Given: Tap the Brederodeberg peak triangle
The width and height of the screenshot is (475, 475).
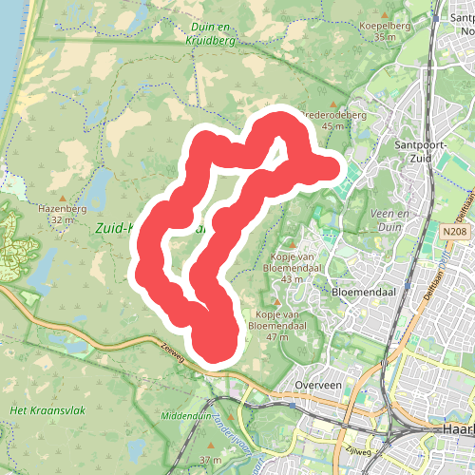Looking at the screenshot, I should pyautogui.click(x=333, y=104).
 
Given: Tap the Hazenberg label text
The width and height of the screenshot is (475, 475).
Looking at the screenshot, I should pyautogui.click(x=63, y=208).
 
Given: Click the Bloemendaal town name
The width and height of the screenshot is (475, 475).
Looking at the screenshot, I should pyautogui.click(x=363, y=293).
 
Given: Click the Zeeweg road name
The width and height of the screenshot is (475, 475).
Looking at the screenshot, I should pyautogui.click(x=175, y=351).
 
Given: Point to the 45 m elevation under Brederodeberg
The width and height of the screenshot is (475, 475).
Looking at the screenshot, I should pyautogui.click(x=332, y=126).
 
